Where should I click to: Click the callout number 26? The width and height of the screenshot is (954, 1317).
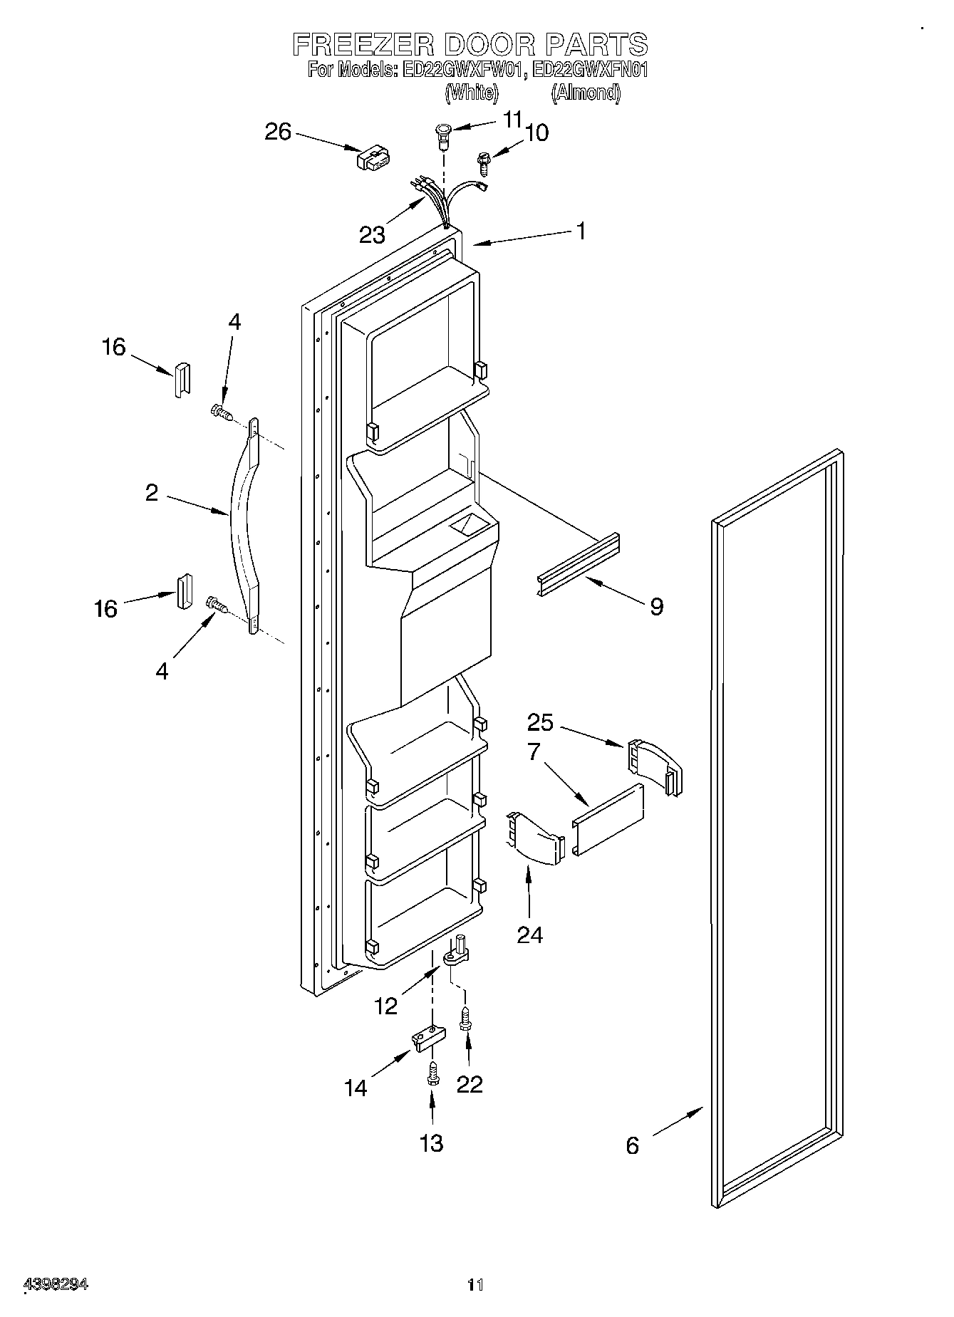(x=278, y=132)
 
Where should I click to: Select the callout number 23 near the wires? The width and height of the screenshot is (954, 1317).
(x=372, y=234)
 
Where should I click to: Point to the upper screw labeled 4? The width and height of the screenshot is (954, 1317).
(x=221, y=412)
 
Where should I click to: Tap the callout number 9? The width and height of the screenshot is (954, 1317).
(x=656, y=606)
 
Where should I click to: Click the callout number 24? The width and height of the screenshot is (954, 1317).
(x=530, y=934)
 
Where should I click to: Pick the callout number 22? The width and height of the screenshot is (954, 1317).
(x=470, y=1083)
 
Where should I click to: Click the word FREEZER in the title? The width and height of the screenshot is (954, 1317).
(x=363, y=44)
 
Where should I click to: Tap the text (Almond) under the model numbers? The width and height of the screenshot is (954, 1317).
(x=586, y=92)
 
